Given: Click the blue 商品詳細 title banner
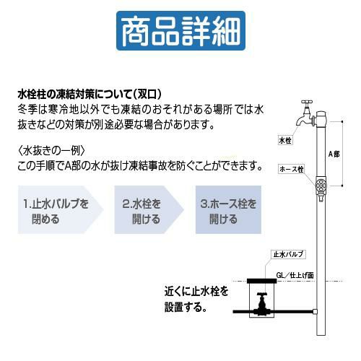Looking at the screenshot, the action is point(180,30).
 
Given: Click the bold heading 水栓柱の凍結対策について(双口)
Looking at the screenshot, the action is point(90,95).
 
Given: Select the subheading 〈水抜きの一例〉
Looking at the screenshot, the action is point(51,151).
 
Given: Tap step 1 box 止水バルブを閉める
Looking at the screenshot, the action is point(61,209).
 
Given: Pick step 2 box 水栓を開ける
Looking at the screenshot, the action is point(149,209).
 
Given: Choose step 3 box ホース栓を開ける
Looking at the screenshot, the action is point(228,209).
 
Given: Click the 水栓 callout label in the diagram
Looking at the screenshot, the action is point(285,140).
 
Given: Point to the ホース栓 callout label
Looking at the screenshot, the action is point(291,169).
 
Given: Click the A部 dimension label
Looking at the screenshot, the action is point(334,154).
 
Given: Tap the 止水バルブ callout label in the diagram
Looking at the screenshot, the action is point(288,254).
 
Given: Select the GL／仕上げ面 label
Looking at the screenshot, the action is point(295,275).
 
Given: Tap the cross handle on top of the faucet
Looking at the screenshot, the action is point(307,103).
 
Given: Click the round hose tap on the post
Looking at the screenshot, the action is point(321,186).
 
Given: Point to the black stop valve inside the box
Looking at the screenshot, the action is point(262,304).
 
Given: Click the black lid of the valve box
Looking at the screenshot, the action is point(262,281).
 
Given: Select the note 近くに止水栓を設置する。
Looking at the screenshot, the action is point(196,299).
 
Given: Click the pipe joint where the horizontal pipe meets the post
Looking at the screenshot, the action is point(315,312).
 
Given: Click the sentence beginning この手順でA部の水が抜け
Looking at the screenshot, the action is point(140,165).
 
